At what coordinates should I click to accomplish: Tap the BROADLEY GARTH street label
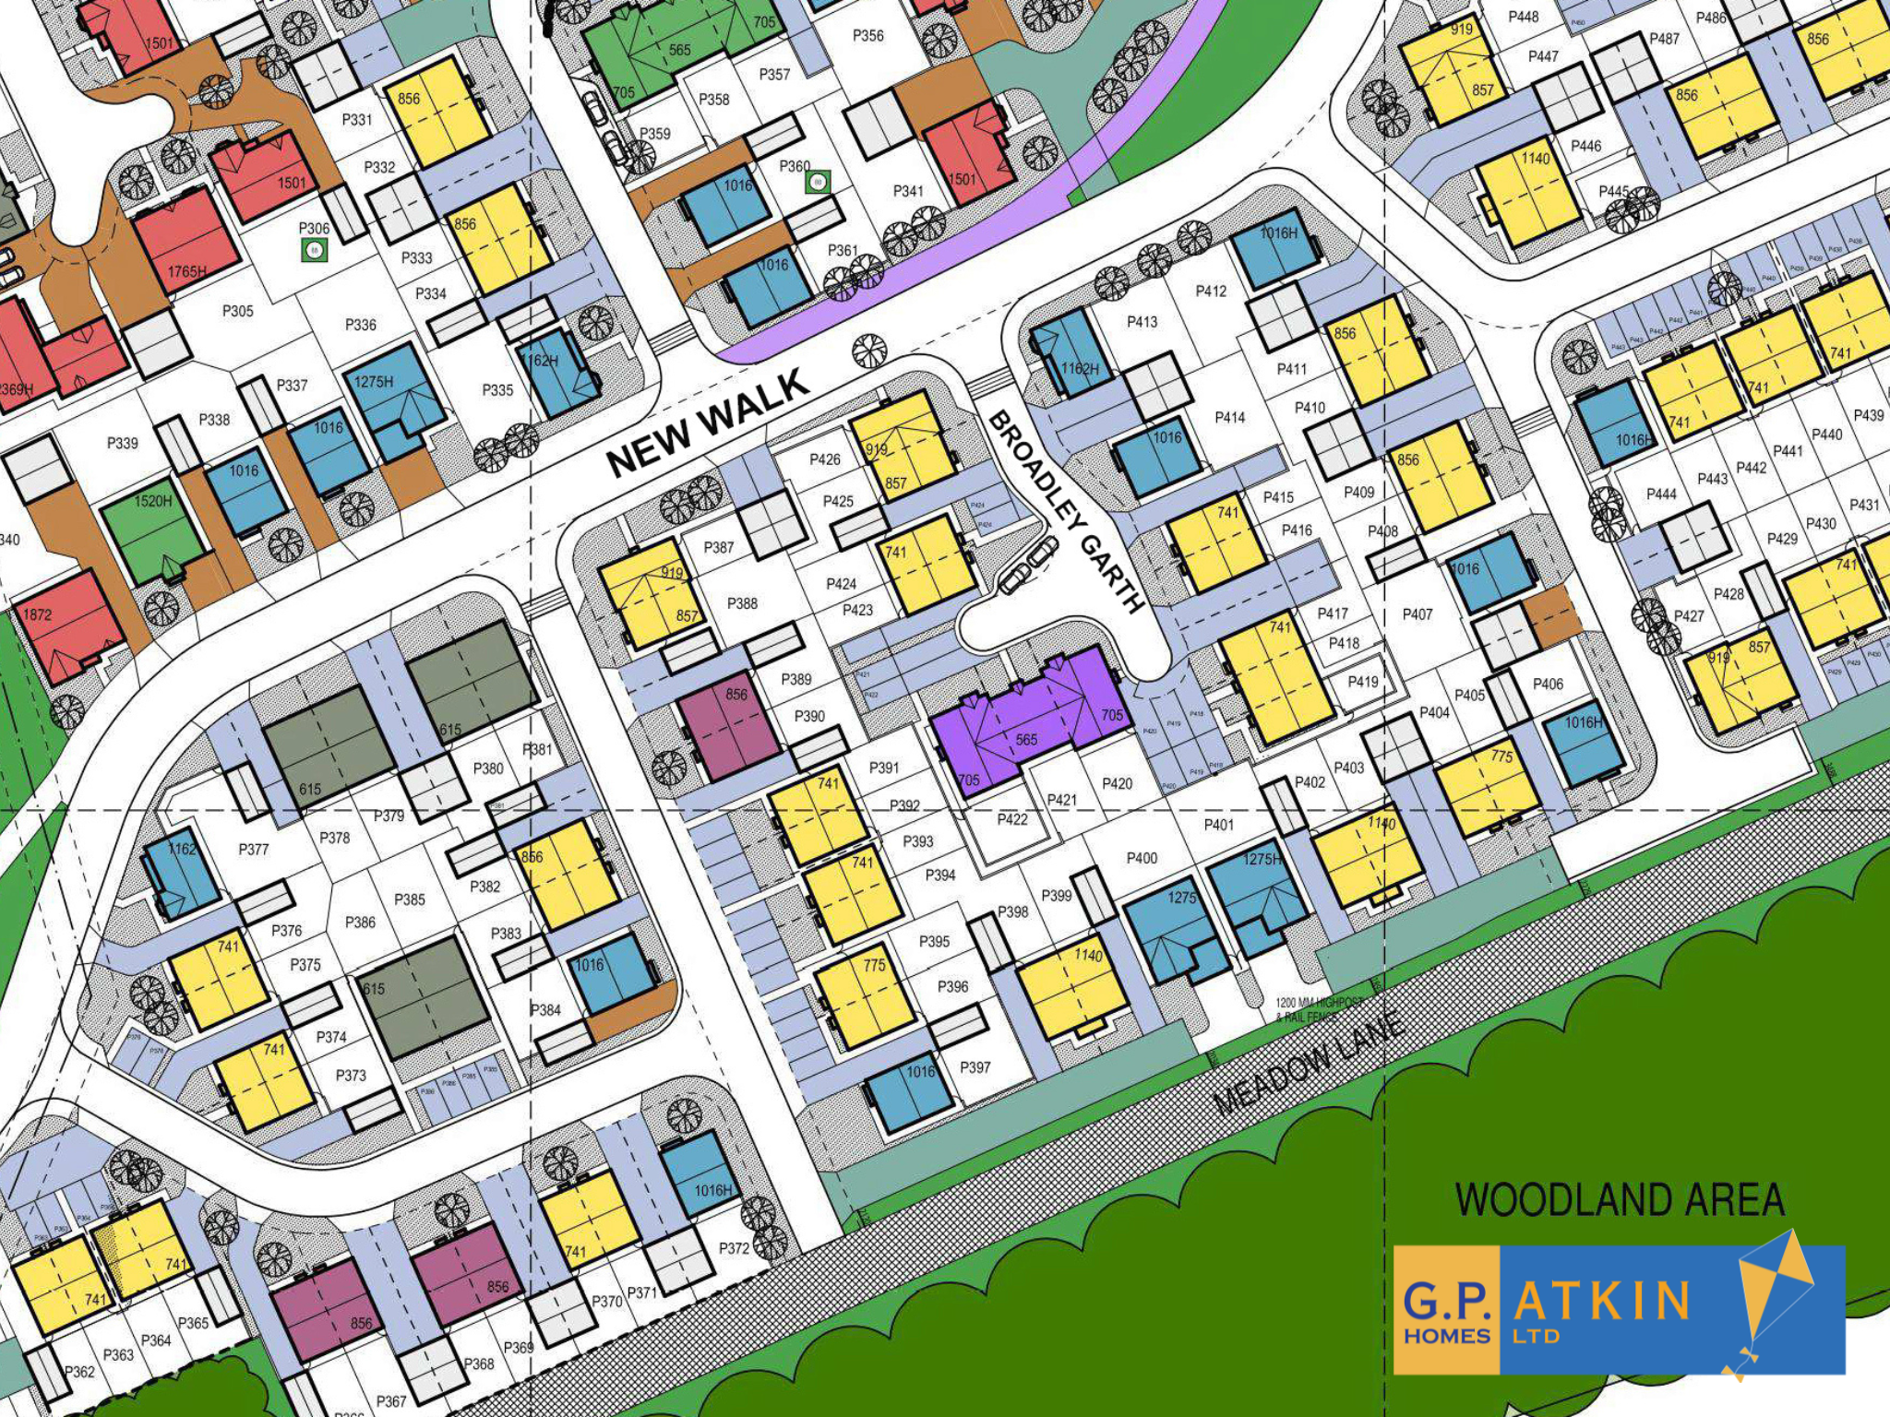[1067, 513]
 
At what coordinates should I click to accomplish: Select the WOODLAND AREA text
[1620, 1199]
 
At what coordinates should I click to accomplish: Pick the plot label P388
[742, 603]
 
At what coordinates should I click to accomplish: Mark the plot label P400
[1142, 858]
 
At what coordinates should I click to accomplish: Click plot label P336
[360, 325]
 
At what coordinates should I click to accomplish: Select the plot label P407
[1417, 613]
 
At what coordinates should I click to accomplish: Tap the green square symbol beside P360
[818, 182]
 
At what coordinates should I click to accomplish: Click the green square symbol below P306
[315, 249]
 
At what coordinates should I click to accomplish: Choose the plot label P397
[975, 1067]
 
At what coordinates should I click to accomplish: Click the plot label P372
[734, 1248]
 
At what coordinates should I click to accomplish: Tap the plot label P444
[1661, 494]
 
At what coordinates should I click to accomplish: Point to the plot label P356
[867, 35]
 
